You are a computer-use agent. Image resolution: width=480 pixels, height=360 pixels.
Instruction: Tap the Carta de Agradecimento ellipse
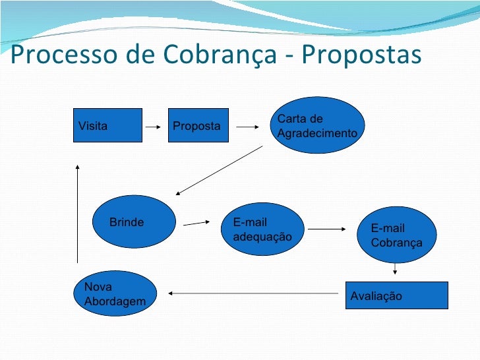coord(319,125)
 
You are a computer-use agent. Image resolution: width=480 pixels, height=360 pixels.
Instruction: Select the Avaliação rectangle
coord(396,295)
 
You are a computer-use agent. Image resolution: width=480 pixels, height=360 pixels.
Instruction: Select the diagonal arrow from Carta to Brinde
coord(219,170)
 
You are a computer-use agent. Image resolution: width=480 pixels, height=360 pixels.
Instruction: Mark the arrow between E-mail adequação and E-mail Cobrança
coord(327,229)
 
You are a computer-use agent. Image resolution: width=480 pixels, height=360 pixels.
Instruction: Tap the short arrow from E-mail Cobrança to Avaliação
coord(395,269)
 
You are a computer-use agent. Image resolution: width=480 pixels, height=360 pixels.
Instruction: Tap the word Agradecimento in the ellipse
coord(317,133)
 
